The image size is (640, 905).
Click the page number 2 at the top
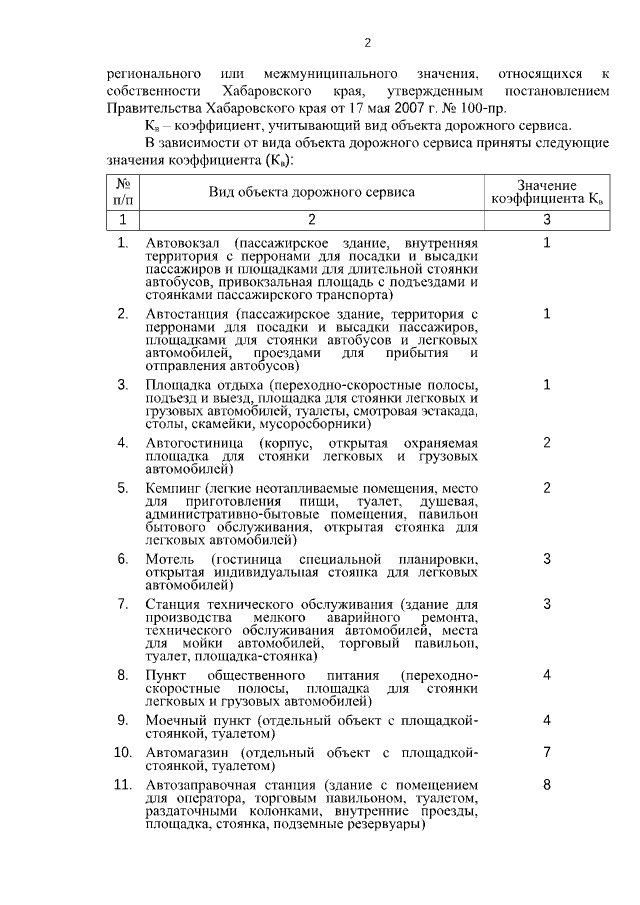(367, 42)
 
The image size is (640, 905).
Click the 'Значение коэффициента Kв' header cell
(546, 192)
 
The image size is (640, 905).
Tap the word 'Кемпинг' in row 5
(170, 488)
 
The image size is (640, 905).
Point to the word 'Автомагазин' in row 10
(185, 751)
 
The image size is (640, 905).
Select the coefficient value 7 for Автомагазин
(547, 751)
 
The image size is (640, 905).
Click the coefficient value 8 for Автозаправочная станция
(547, 786)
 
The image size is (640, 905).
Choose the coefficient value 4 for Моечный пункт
(547, 720)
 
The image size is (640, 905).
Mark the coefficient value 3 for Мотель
(547, 558)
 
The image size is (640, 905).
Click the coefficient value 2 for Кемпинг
(547, 488)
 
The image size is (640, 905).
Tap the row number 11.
(122, 786)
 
